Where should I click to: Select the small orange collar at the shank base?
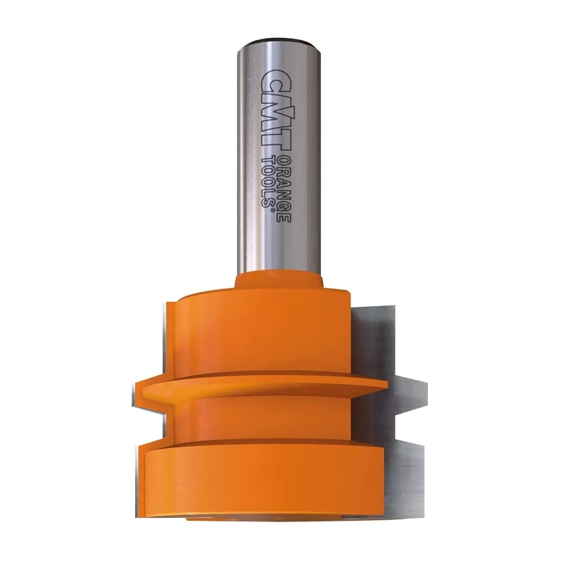(280, 281)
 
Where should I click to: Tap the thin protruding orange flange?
(260, 386)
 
